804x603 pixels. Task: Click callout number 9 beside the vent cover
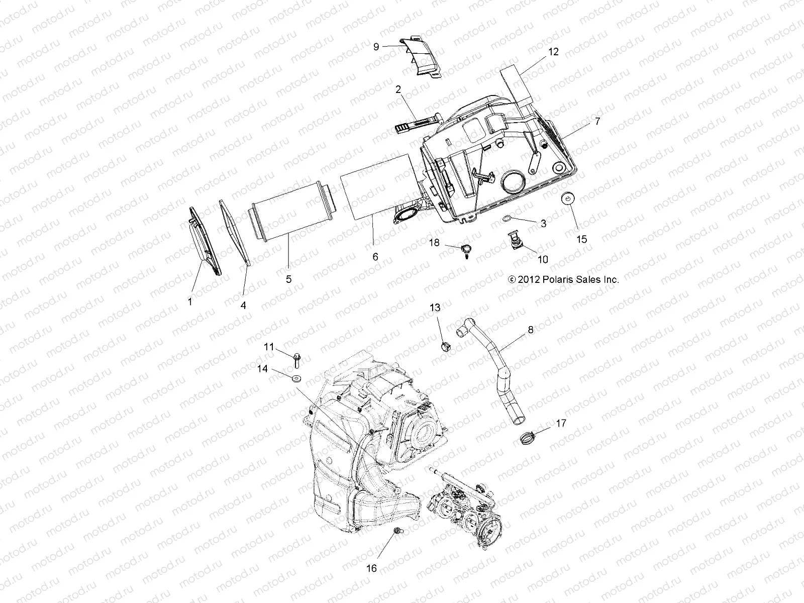click(x=376, y=47)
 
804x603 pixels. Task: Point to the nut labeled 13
click(x=446, y=346)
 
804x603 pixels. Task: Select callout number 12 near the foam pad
click(x=553, y=52)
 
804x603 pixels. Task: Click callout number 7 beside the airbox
click(x=597, y=121)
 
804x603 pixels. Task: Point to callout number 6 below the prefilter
click(x=375, y=257)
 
